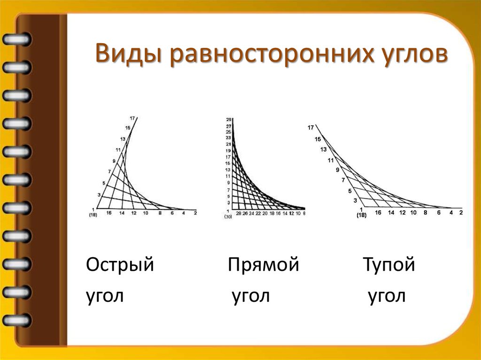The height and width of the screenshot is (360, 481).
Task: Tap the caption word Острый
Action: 120,266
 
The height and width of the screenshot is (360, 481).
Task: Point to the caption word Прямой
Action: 264,266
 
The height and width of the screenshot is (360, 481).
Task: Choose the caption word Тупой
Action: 388,266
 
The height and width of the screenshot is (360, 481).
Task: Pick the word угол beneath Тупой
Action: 386,296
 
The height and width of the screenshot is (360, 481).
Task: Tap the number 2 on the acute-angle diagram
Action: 194,213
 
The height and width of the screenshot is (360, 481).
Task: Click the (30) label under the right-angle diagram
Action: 228,217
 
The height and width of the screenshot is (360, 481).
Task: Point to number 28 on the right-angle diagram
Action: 238,213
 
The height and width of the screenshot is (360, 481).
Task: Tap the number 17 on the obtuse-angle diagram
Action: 310,127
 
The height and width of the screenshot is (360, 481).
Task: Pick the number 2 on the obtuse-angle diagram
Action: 461,213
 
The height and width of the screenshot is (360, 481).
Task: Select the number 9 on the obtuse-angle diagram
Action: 337,170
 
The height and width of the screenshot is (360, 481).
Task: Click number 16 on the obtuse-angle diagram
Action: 378,213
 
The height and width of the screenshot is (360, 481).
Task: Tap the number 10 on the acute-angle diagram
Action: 146,213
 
